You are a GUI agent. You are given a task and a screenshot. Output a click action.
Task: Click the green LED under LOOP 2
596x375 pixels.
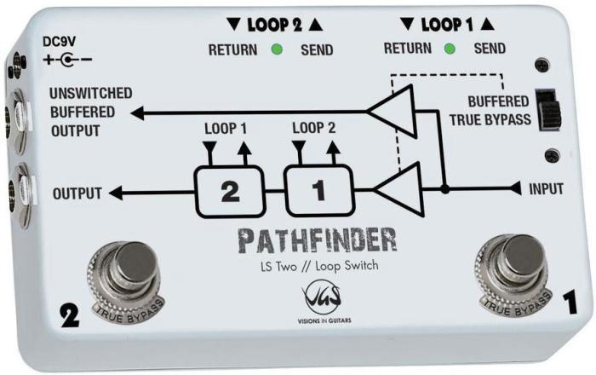point(277,49)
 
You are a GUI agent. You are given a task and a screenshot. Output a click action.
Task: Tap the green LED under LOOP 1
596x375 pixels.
point(450,49)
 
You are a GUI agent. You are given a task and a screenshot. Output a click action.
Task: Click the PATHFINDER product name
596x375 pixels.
point(318,240)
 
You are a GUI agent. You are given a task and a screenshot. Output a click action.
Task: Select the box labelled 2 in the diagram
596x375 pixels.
point(230,191)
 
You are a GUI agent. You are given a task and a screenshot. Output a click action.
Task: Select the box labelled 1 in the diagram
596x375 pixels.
point(319,190)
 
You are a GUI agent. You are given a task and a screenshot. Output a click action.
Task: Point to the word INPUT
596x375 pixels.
point(547,189)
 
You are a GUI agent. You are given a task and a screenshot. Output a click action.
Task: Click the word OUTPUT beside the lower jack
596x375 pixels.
point(77,193)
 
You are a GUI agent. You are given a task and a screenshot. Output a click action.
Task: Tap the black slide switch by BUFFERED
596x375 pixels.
point(547,110)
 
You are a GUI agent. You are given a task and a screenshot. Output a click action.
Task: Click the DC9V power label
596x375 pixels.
point(59,42)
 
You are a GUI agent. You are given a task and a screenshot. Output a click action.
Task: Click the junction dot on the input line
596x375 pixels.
point(444,189)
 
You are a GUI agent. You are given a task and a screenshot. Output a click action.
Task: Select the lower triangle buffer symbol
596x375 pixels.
point(399,189)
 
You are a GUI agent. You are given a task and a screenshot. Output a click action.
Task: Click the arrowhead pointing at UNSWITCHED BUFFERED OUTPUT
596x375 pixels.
point(137,113)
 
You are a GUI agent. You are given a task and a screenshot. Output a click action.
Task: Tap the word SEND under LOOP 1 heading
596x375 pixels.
point(490,49)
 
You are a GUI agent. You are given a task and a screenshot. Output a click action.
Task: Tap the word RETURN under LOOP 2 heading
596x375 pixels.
point(232,49)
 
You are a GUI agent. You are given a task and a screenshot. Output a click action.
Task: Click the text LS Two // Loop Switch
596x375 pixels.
point(319,266)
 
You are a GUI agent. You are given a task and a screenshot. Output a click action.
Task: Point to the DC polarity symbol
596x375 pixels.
point(67,60)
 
